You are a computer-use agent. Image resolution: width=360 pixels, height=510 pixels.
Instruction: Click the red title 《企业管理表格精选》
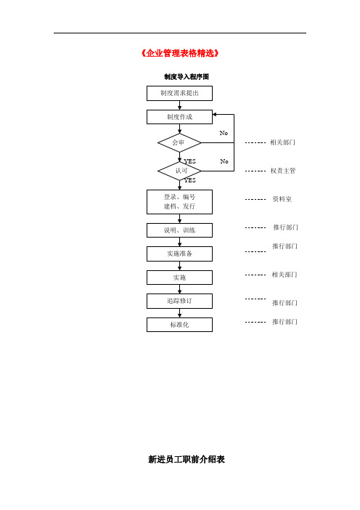point(180,53)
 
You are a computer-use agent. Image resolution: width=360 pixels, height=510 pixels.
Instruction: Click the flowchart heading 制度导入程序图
point(187,77)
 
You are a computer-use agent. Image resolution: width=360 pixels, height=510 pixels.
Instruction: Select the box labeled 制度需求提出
point(179,93)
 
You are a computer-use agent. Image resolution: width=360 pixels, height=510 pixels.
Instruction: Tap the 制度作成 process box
point(179,117)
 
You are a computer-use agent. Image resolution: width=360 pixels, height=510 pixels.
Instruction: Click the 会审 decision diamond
point(179,142)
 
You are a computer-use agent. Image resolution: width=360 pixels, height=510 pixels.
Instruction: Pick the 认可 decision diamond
point(179,171)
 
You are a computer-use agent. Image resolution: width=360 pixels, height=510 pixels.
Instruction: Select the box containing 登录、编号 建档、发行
point(179,202)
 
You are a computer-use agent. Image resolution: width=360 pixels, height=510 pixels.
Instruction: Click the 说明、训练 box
point(179,230)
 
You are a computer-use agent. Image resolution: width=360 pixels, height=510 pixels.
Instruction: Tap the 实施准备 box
point(179,254)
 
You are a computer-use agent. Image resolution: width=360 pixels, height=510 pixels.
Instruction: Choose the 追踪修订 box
point(179,301)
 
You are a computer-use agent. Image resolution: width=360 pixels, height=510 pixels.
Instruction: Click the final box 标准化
point(179,325)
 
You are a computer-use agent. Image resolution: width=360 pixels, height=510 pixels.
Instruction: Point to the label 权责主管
point(283,171)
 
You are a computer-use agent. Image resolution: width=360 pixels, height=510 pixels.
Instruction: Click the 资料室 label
point(282,199)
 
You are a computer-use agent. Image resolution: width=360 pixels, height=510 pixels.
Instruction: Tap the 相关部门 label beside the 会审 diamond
point(282,142)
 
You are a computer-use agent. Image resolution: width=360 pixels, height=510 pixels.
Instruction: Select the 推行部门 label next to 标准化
point(285,322)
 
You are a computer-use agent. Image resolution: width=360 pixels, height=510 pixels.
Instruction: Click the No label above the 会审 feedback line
point(224,133)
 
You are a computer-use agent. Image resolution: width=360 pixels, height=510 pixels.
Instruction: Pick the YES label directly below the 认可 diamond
point(190,180)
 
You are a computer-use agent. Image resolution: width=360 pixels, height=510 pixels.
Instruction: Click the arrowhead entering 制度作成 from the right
point(214,115)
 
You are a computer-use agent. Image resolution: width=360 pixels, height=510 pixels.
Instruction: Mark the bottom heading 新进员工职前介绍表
point(187,459)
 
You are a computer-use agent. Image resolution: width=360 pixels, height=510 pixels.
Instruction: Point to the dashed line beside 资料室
point(255,199)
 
